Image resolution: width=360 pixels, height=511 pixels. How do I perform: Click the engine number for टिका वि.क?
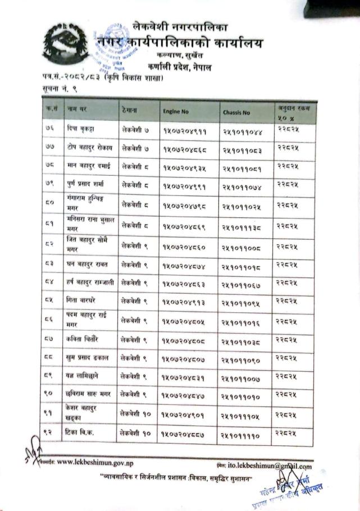(x=180, y=435)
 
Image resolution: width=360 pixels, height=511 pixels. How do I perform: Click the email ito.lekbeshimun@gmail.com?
(x=269, y=466)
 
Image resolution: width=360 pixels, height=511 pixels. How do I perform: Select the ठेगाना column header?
(x=129, y=108)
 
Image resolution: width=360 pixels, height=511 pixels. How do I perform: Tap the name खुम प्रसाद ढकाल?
(x=89, y=358)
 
